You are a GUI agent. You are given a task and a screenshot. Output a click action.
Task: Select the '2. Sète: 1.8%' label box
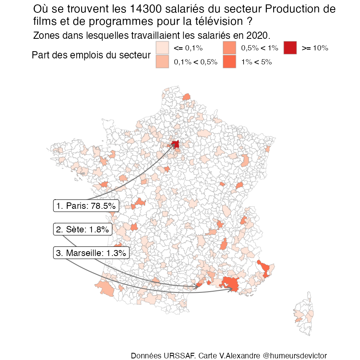82,230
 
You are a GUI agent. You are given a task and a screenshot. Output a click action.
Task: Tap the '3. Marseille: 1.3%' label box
91,253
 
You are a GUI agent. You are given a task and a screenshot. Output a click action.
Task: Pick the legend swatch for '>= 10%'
290,48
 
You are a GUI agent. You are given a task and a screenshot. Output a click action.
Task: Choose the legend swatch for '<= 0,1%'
162,48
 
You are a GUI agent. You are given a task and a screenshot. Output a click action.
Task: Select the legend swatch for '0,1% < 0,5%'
162,62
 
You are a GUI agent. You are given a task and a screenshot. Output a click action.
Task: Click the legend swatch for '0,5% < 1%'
230,48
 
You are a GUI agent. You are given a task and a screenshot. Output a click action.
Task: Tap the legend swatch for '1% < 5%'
230,62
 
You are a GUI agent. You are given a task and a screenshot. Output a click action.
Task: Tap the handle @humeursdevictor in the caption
295,356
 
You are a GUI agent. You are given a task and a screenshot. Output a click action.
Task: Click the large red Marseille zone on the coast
231,283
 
